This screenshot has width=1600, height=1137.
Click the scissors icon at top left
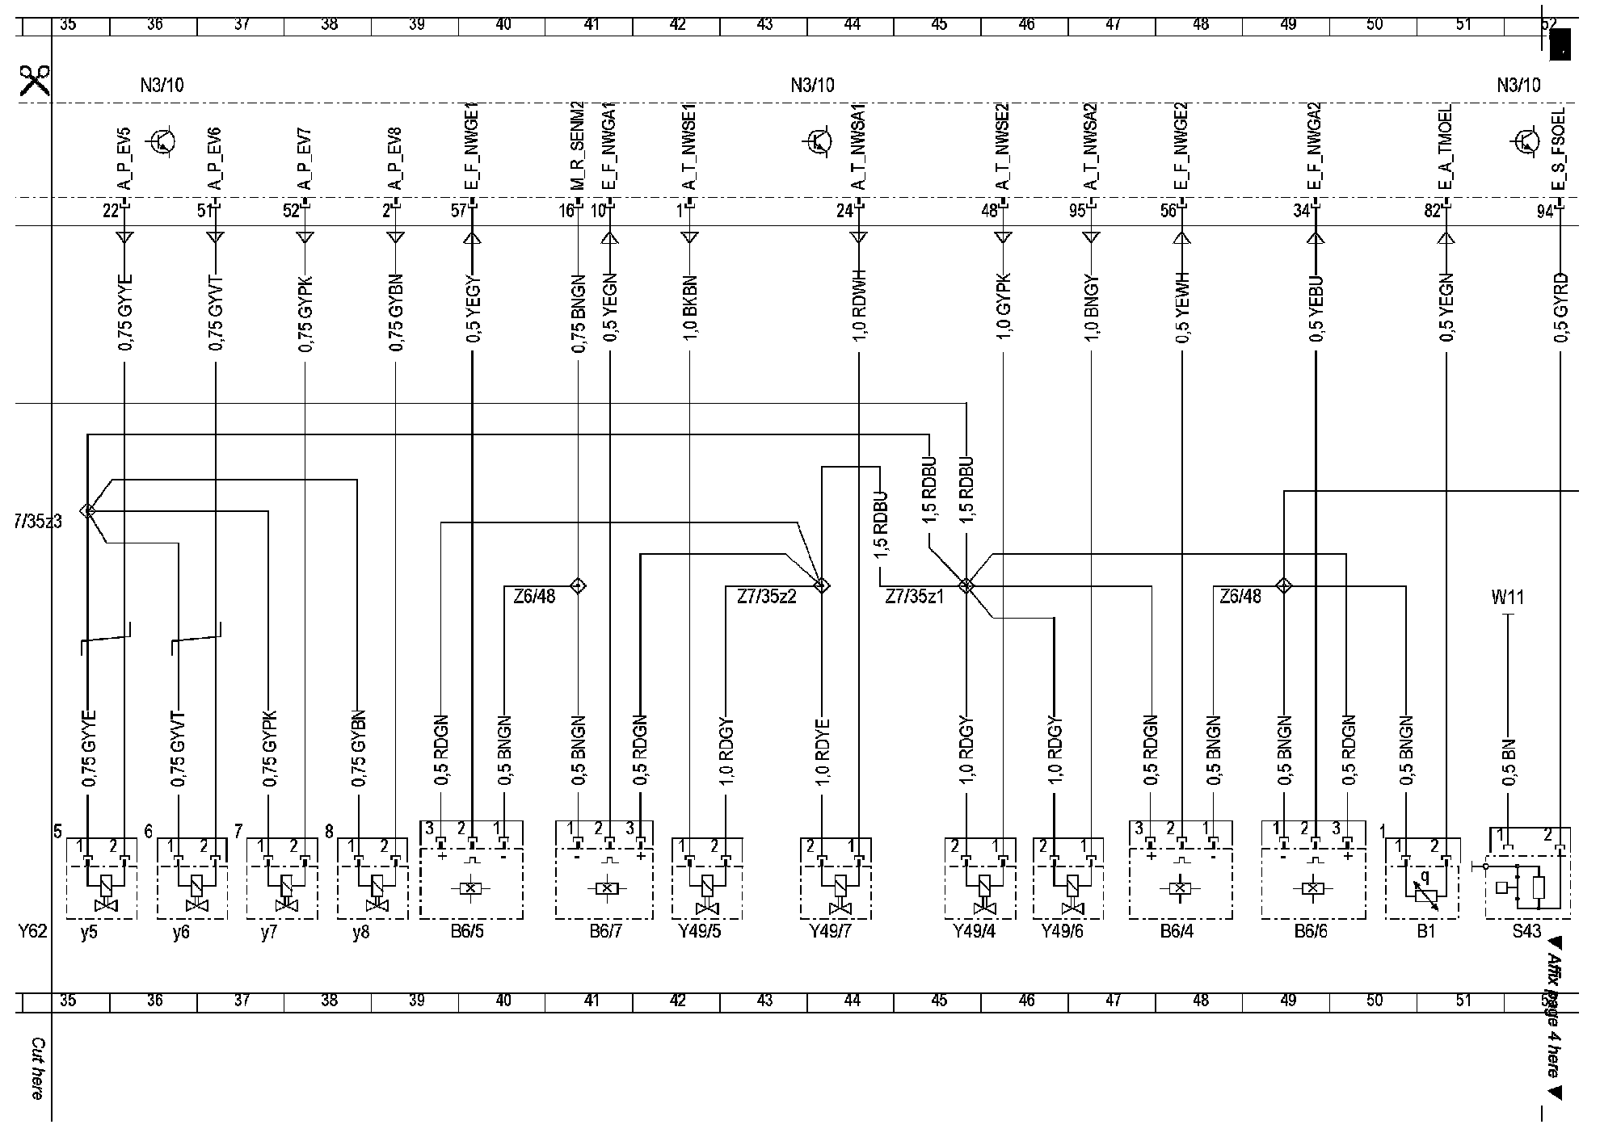coord(35,81)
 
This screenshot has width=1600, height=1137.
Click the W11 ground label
coord(1507,598)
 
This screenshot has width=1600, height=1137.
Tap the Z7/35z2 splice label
coord(767,598)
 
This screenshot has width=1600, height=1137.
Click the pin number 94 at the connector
coord(1545,212)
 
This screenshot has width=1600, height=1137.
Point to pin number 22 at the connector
coord(111,212)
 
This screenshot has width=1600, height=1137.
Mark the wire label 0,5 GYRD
coord(1560,308)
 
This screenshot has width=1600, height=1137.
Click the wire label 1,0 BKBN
coord(690,308)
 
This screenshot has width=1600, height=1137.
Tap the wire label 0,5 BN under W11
coord(1508,762)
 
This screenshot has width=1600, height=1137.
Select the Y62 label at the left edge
coord(33,931)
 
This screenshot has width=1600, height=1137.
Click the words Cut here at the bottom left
coord(37,1068)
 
